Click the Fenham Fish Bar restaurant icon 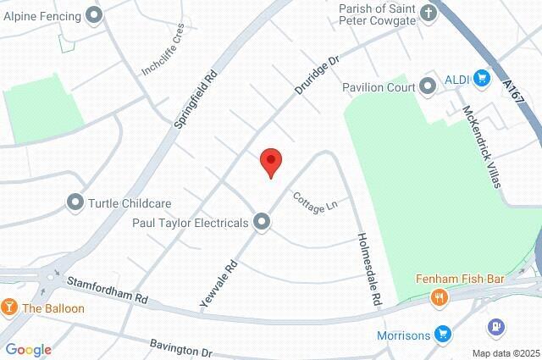point(439,296)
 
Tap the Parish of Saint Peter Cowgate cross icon point(429,13)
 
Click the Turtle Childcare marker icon point(75,202)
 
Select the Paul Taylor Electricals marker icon point(263,223)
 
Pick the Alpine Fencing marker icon point(93,15)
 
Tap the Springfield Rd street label point(196,98)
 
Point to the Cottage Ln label point(309,202)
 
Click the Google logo point(28,350)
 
